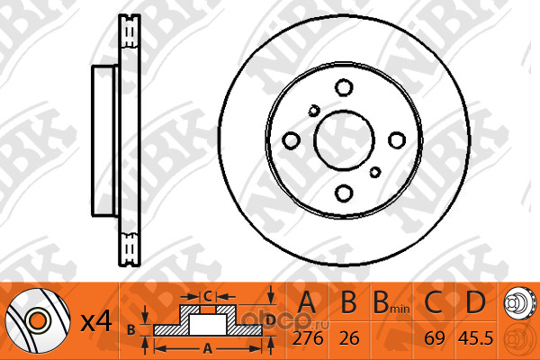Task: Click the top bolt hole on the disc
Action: click(344, 87)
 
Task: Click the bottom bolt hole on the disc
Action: click(344, 193)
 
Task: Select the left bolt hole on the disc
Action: click(291, 140)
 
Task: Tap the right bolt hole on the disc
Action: click(397, 140)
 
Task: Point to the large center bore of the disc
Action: click(344, 140)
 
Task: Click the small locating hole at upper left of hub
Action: click(314, 111)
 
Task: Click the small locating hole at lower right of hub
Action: click(375, 172)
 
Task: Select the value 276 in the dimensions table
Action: click(308, 338)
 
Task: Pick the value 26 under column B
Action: click(349, 338)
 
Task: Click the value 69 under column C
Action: click(435, 338)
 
